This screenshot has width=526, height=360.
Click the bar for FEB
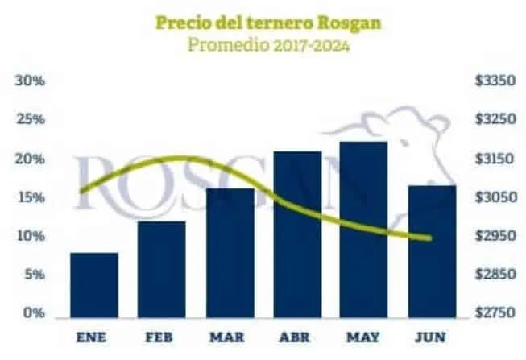tap(161, 267)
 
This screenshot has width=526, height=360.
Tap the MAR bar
tap(230, 251)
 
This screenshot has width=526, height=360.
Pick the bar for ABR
tap(297, 233)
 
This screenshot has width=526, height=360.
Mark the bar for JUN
tap(432, 250)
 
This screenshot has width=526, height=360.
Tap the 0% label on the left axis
tap(32, 313)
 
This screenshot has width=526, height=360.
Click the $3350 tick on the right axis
tap(495, 81)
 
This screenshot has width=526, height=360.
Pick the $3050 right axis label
tap(495, 197)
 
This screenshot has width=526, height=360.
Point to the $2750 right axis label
tap(495, 313)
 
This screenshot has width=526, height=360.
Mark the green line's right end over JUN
tap(430, 238)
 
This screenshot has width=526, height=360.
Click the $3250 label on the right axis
tap(495, 120)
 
